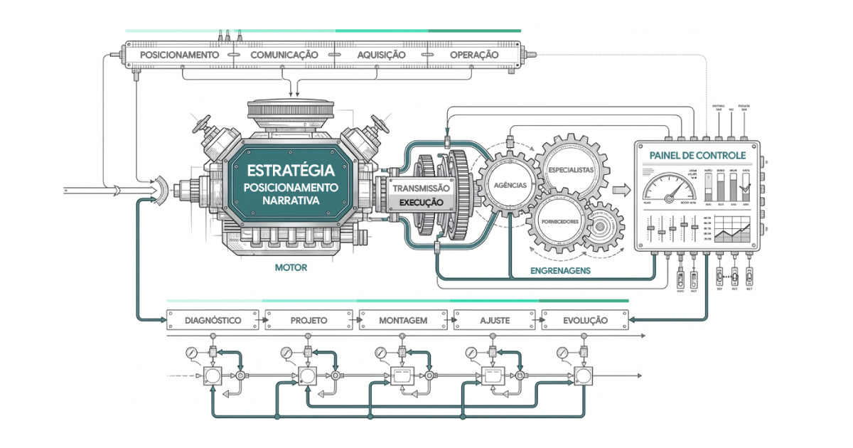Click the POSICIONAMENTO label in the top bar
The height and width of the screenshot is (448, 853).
point(179,55)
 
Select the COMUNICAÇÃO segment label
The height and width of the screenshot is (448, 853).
point(284,55)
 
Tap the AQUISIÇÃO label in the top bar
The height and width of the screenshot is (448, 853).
point(381,55)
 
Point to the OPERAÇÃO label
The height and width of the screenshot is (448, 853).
point(474,55)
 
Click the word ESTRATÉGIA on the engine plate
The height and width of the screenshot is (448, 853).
point(290,171)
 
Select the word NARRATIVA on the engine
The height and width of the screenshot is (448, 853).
point(290,201)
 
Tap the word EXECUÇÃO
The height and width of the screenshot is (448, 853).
point(422,203)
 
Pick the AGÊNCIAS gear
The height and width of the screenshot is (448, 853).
point(510,185)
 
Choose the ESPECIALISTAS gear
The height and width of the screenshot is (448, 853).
point(571,171)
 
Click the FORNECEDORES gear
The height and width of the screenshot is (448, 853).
point(562,221)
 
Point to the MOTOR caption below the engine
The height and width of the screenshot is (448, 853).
point(290,269)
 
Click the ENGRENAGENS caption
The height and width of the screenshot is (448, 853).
point(561,270)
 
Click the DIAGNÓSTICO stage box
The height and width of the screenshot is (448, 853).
point(213,321)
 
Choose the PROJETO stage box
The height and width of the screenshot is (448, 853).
point(309,321)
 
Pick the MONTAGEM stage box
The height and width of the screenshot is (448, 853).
point(403,321)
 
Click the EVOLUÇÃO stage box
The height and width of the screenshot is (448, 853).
point(585,321)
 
